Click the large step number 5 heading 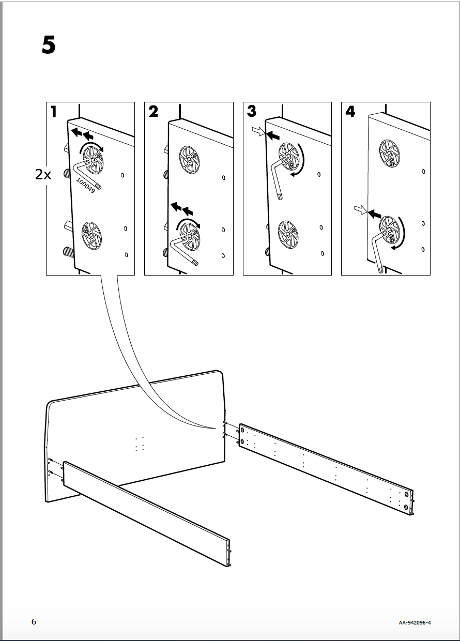tap(48, 46)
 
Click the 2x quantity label tap(43, 175)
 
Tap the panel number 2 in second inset tap(154, 112)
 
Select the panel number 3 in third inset tap(252, 111)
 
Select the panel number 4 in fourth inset tap(350, 112)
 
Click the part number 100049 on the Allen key tap(84, 186)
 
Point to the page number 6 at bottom tap(34, 622)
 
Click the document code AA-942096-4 tap(415, 623)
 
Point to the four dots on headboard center tap(139, 444)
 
